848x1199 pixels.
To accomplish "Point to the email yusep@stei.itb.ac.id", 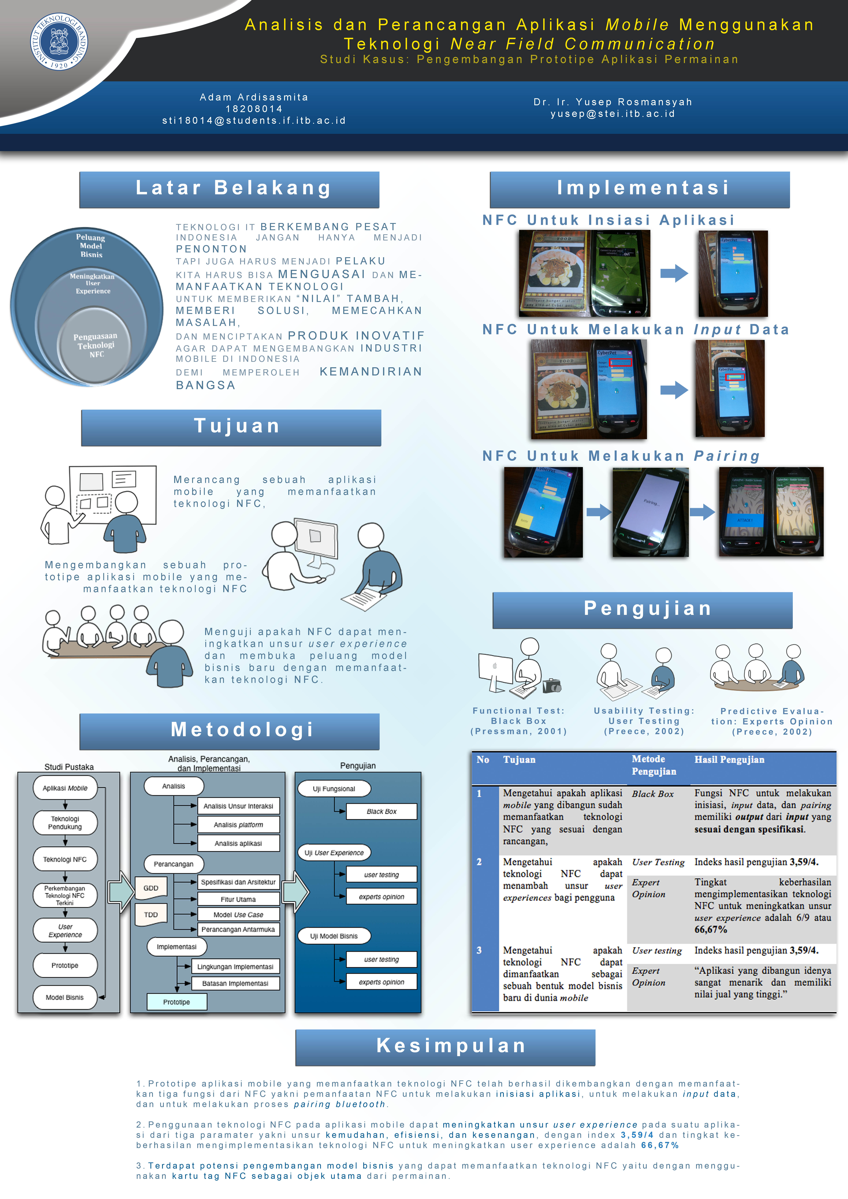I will point(612,114).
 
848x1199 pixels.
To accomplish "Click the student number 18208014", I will point(254,109).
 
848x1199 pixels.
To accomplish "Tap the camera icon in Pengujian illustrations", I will point(552,686).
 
